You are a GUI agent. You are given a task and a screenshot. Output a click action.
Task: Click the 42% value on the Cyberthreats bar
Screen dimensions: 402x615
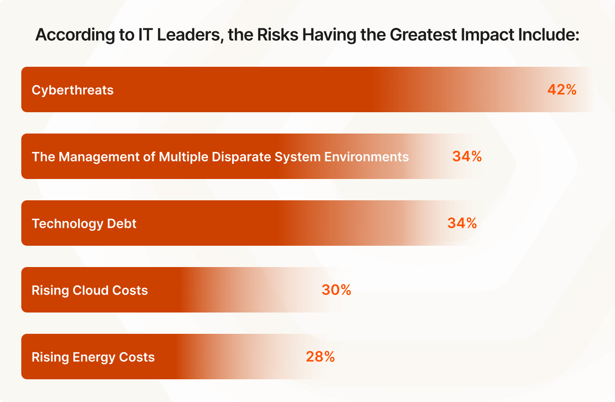(562, 90)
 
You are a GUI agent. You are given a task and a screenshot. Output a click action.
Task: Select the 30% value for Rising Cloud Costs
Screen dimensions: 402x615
(336, 290)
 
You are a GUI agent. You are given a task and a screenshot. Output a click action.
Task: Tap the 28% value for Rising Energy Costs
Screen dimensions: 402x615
(320, 357)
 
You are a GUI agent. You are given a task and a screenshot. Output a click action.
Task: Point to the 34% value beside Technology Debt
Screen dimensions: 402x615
(462, 223)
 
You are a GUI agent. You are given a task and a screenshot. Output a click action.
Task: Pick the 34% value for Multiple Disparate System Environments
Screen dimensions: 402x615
(467, 157)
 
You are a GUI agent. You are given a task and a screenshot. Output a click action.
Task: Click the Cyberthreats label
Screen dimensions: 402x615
(72, 90)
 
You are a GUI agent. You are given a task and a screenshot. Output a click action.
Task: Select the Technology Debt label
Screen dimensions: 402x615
(84, 223)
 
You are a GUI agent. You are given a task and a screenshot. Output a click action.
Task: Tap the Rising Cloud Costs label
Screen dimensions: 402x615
(89, 290)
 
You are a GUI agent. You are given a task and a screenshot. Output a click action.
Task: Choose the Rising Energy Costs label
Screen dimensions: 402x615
(93, 357)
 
